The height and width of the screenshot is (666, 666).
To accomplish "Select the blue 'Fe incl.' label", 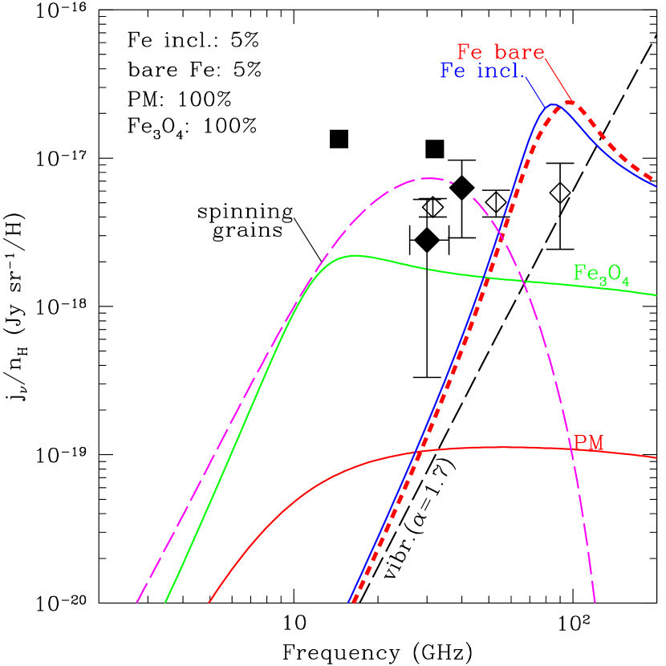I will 482,71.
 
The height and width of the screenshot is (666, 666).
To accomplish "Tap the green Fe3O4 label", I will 601,273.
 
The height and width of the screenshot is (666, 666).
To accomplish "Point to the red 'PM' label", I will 588,443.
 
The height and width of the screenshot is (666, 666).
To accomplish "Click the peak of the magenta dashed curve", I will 428,178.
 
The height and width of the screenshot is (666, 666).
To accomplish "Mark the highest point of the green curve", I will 354,256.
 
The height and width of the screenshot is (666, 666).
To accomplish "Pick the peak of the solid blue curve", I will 554,104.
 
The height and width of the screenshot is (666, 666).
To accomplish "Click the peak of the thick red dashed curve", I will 570,102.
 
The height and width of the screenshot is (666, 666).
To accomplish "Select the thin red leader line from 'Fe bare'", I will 557,80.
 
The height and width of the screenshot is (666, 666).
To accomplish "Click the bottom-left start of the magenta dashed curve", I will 137,601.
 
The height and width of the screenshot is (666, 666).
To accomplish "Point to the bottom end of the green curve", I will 165,600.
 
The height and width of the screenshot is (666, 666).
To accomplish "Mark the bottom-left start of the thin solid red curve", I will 209,600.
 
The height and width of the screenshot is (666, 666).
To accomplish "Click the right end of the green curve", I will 656,295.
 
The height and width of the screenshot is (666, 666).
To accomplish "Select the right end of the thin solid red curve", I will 656,457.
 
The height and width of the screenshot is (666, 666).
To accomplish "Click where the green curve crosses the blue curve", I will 485,278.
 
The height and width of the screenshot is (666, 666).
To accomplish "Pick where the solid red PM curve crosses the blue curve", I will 417,452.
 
